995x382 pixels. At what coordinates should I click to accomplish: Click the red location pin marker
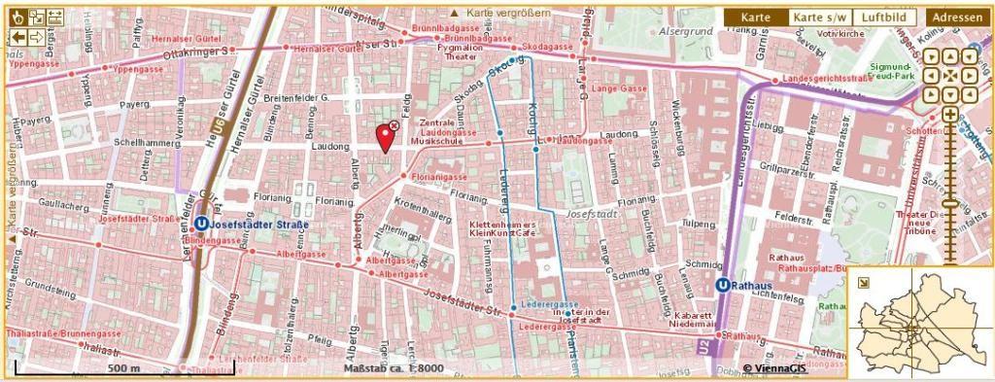coord(385,139)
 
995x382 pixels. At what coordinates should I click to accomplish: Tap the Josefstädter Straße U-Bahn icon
coord(201,222)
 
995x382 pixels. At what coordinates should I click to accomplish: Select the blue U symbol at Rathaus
coord(723,285)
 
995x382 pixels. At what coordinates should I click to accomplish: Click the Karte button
coord(755,17)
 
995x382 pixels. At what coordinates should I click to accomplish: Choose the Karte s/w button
coord(818,17)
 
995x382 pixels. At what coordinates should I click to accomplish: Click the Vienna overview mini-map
coord(918,323)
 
